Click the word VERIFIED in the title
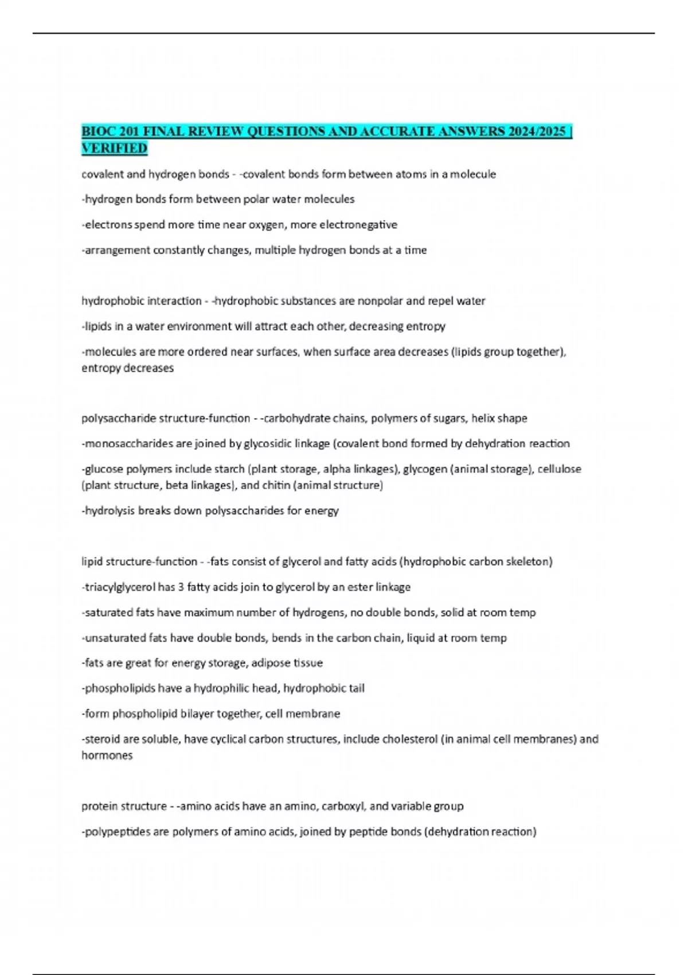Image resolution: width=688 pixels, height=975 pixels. click(x=114, y=149)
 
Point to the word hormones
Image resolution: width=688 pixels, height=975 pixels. click(x=107, y=755)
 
